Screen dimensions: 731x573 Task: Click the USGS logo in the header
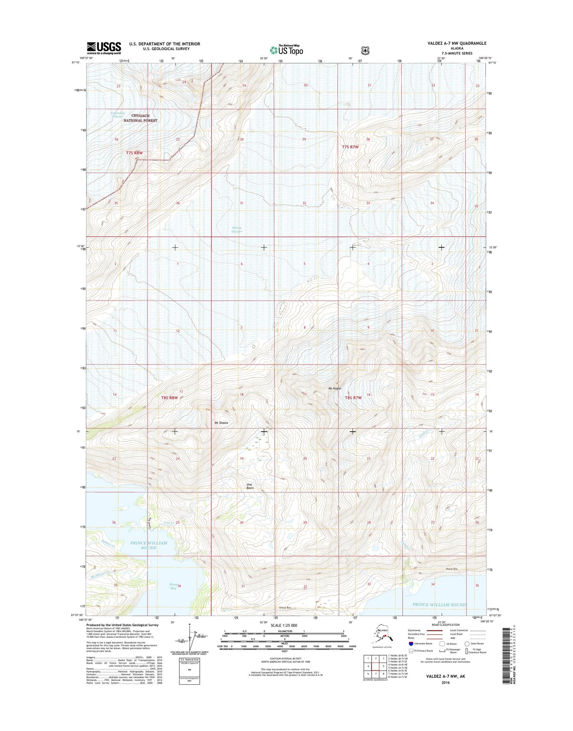click(x=104, y=47)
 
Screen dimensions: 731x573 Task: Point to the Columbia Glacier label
click(x=118, y=115)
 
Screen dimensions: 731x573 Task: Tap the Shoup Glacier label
click(x=237, y=229)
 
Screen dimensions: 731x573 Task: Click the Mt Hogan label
click(x=335, y=388)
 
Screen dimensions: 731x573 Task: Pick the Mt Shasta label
click(x=221, y=423)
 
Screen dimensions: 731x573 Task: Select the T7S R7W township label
click(x=350, y=147)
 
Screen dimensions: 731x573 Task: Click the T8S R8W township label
click(x=169, y=398)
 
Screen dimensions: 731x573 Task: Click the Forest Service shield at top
click(x=366, y=50)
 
